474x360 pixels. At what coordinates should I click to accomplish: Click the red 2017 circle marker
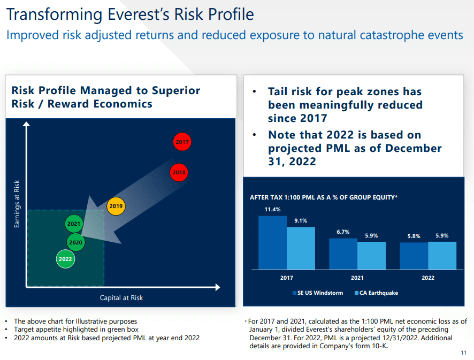(x=182, y=142)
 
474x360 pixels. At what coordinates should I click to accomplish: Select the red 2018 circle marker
(x=179, y=172)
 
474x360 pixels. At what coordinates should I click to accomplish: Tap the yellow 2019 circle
(x=116, y=206)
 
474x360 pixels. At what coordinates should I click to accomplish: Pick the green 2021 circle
(x=74, y=224)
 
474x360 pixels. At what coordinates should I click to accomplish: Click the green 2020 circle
(x=75, y=242)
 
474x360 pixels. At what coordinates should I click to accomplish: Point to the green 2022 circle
(x=65, y=259)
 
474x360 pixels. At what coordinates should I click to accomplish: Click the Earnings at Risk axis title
(x=17, y=204)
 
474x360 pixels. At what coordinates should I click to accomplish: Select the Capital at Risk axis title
(x=121, y=298)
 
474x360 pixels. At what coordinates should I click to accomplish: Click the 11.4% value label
(x=272, y=209)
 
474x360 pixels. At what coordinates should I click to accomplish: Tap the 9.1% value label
(x=301, y=220)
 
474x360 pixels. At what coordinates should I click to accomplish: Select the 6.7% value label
(x=343, y=232)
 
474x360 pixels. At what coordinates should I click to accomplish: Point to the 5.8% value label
(x=414, y=236)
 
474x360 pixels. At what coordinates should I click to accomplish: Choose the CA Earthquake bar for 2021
(x=371, y=255)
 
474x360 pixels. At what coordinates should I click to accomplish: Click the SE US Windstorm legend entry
(x=319, y=293)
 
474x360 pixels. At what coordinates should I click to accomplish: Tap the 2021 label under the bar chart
(x=357, y=278)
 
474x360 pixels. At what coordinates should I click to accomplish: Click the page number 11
(x=463, y=353)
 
